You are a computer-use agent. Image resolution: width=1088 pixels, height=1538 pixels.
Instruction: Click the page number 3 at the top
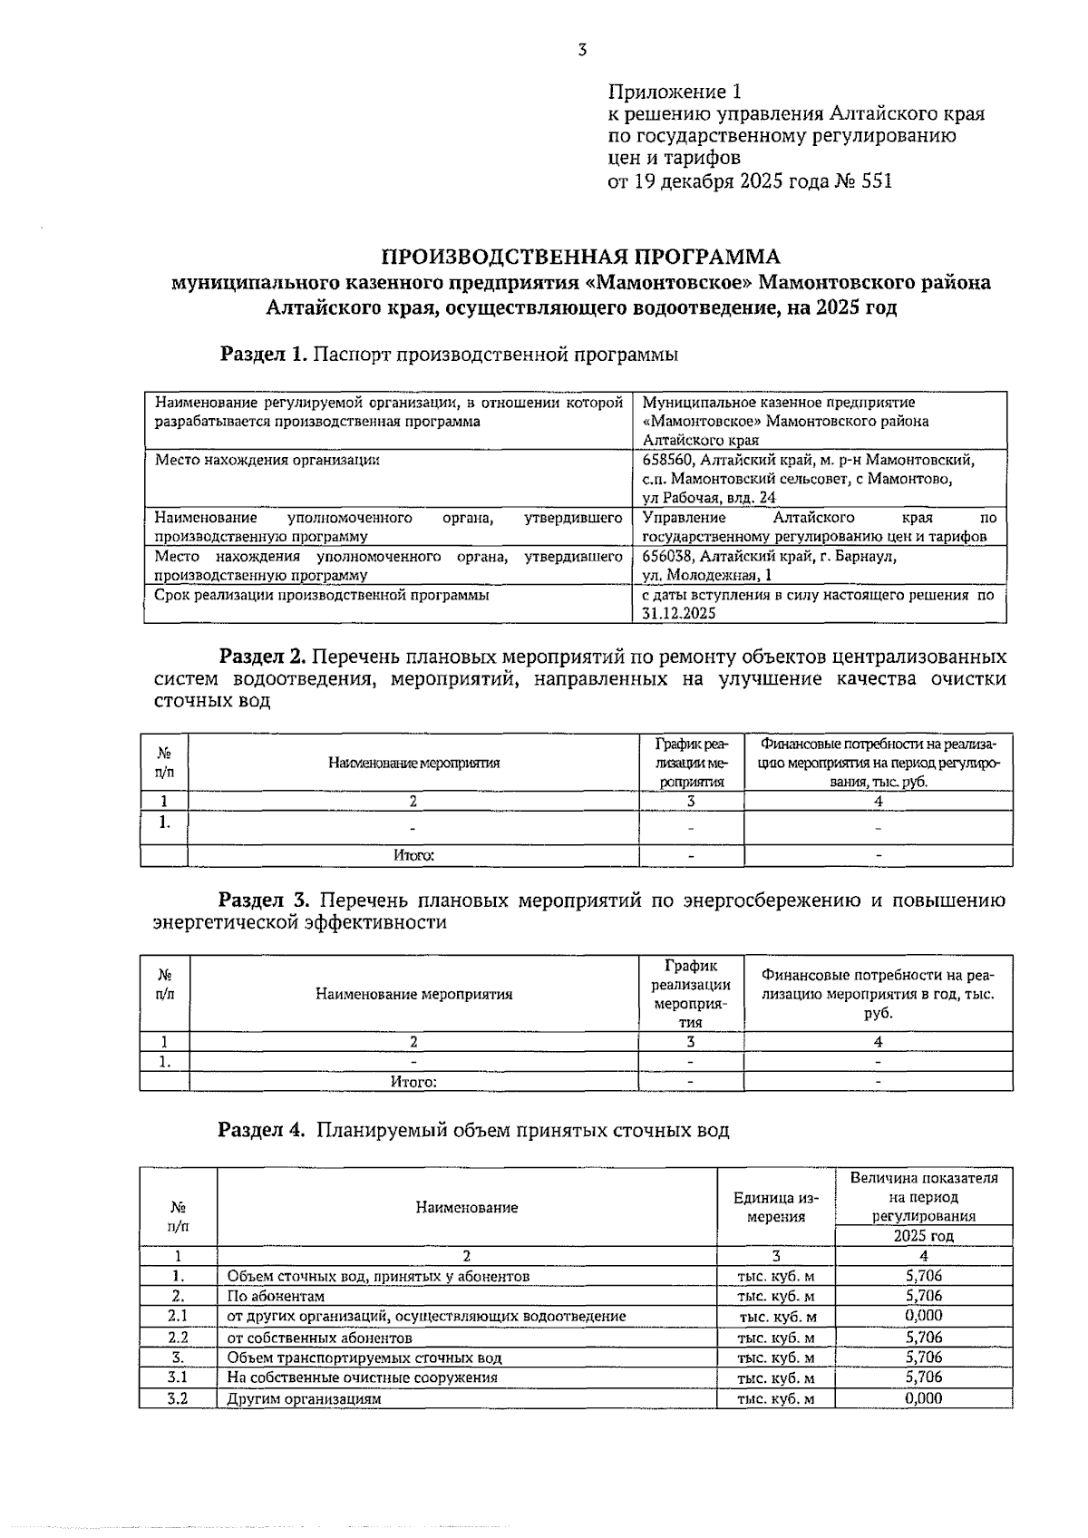tap(581, 50)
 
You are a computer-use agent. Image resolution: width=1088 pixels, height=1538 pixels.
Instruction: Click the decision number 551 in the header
tap(876, 180)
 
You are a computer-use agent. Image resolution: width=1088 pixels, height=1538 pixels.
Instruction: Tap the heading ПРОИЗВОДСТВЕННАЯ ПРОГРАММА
tap(580, 256)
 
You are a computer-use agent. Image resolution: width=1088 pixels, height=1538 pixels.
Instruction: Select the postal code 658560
tap(668, 460)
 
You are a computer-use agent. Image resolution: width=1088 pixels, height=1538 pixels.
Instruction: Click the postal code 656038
tap(668, 556)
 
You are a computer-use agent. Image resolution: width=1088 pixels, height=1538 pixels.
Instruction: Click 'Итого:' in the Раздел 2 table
tap(413, 855)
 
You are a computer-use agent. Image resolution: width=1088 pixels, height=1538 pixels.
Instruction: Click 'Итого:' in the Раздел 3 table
tap(413, 1082)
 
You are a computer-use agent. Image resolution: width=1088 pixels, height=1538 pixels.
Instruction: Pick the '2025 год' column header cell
tap(923, 1236)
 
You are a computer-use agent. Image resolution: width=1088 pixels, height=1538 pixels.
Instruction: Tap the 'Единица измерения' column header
tap(775, 1207)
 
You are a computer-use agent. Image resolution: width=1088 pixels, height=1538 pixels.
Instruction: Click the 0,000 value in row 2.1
tap(923, 1316)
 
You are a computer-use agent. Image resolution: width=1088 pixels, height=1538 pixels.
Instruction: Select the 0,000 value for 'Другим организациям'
tap(923, 1398)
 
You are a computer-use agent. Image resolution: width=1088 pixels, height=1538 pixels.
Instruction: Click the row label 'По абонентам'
tap(276, 1297)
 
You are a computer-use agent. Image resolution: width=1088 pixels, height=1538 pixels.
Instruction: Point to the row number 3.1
tap(178, 1377)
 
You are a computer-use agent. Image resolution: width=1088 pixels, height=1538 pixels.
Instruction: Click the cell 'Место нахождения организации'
tap(267, 460)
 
